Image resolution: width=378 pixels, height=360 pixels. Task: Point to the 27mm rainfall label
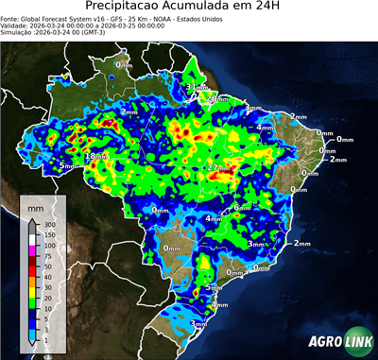click(215, 168)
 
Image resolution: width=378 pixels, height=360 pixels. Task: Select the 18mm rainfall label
click(94, 157)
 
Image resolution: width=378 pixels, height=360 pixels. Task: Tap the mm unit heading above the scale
click(35, 204)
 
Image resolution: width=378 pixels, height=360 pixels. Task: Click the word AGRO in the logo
click(323, 342)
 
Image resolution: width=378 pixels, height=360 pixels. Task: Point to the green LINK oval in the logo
click(355, 342)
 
